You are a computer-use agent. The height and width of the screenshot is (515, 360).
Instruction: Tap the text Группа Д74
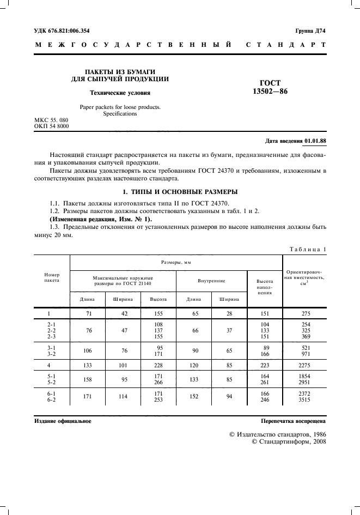pyautogui.click(x=310, y=31)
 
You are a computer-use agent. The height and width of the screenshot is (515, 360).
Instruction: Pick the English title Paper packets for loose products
pyautogui.click(x=120, y=107)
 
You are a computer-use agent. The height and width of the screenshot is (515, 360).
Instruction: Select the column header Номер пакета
pyautogui.click(x=52, y=277)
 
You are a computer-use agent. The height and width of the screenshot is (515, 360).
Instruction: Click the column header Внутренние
pyautogui.click(x=211, y=281)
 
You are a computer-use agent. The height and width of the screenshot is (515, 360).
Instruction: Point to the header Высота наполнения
pyautogui.click(x=265, y=287)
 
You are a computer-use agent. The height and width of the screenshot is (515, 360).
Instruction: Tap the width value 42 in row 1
pyautogui.click(x=123, y=314)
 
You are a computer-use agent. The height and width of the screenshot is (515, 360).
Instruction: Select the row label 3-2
pyautogui.click(x=52, y=354)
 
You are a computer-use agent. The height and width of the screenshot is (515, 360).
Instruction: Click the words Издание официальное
pyautogui.click(x=63, y=421)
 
